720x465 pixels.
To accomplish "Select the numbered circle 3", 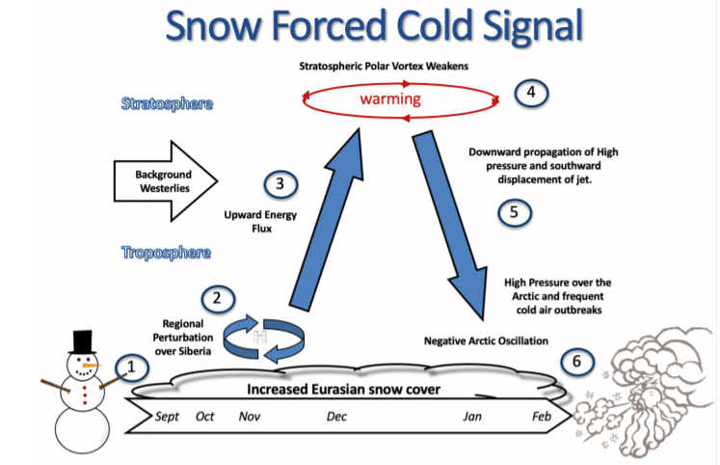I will [x=279, y=183].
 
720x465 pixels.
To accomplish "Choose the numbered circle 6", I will [x=576, y=362].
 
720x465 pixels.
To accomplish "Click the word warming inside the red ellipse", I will [x=390, y=99].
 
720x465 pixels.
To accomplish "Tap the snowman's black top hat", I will [x=83, y=341].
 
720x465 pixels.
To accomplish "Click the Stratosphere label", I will [x=167, y=103].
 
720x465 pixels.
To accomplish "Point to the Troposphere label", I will [x=167, y=253].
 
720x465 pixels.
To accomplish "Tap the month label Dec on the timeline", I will [x=336, y=417].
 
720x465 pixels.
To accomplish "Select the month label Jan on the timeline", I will [x=472, y=417].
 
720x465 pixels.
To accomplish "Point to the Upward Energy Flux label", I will [x=253, y=223].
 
